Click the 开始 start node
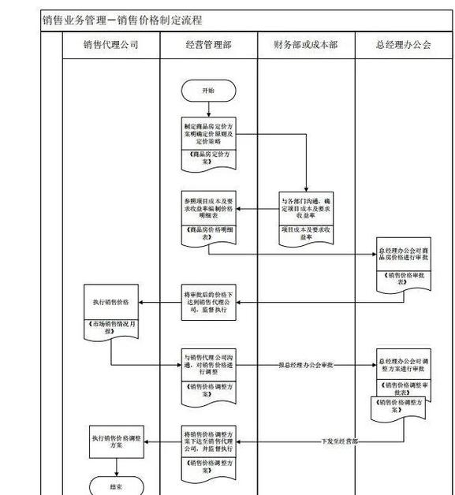click(207, 91)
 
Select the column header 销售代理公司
click(111, 45)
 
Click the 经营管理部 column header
click(208, 45)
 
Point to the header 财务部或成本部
click(306, 45)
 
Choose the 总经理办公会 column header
click(403, 45)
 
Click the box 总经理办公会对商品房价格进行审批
click(403, 253)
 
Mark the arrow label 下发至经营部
click(340, 441)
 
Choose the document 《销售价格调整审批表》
click(403, 388)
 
